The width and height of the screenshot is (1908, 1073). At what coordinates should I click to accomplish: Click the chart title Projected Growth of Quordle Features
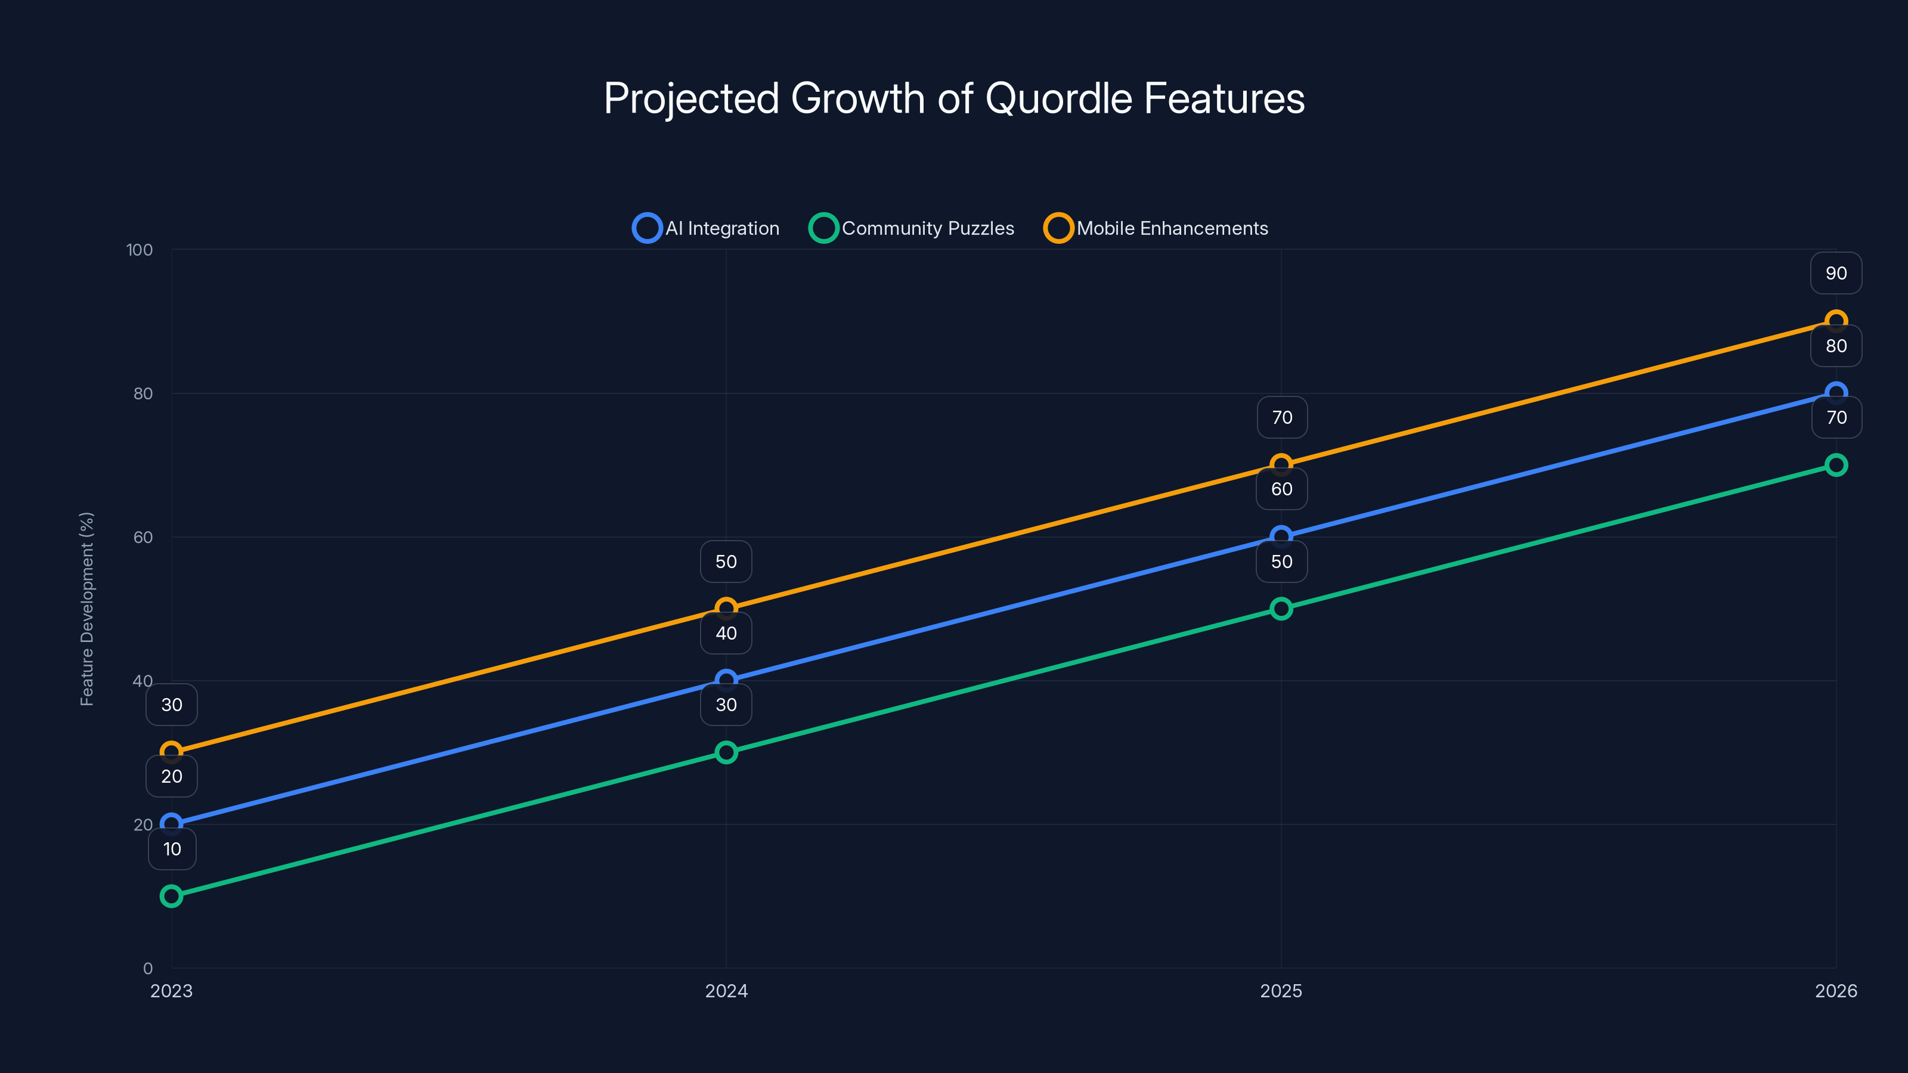[954, 98]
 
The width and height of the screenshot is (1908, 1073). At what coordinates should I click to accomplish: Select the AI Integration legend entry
[706, 228]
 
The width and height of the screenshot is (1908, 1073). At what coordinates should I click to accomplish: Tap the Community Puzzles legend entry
[912, 228]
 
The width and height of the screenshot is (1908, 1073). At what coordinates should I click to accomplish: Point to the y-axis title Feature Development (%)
[86, 609]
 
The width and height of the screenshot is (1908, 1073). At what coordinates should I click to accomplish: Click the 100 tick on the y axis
[140, 250]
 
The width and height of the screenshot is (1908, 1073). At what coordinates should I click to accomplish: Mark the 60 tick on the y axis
[143, 538]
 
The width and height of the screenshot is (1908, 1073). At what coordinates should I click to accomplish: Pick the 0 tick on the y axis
[148, 969]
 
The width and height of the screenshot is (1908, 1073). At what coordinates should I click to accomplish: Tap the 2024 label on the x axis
[726, 991]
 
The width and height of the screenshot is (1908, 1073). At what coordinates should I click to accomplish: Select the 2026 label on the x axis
[1835, 991]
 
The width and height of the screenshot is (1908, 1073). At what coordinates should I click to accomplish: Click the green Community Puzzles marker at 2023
[171, 896]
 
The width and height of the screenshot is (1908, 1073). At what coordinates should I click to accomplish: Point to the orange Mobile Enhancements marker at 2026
[1835, 321]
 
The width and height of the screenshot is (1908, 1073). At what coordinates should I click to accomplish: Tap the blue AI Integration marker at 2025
[1281, 536]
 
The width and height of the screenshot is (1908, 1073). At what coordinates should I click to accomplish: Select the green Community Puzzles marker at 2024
[726, 752]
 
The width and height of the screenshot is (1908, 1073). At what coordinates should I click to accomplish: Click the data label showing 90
[1835, 273]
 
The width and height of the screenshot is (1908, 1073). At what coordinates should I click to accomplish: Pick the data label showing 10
[172, 849]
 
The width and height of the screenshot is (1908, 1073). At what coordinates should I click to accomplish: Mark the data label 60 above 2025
[1281, 489]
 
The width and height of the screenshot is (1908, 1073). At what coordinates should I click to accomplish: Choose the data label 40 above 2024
[726, 633]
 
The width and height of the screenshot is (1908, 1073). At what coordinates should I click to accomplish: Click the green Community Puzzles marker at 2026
[1835, 465]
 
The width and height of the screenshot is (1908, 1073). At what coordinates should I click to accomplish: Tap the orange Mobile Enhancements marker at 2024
[726, 609]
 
